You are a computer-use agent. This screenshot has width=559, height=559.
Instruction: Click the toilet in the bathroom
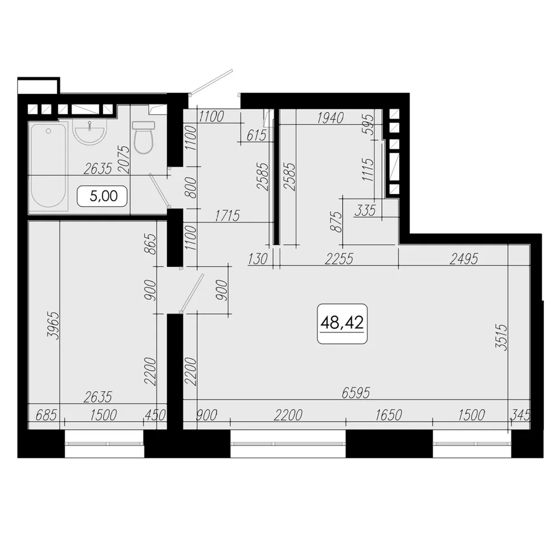143,138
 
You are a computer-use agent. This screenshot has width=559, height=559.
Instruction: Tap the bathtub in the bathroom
48,165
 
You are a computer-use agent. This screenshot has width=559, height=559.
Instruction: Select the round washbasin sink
89,131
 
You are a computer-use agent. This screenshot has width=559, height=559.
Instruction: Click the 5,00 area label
102,196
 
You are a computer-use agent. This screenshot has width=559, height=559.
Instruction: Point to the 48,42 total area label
342,323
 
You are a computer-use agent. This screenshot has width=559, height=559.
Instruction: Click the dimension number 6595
356,393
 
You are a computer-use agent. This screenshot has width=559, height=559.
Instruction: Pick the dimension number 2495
463,259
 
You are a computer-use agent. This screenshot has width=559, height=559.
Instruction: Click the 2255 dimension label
339,259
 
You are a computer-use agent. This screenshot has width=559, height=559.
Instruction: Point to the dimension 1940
330,117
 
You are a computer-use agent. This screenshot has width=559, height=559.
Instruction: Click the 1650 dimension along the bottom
389,415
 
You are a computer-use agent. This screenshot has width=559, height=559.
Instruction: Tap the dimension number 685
46,415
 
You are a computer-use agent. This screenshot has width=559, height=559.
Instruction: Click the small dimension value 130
258,259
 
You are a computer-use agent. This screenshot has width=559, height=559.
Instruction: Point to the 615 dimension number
257,135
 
